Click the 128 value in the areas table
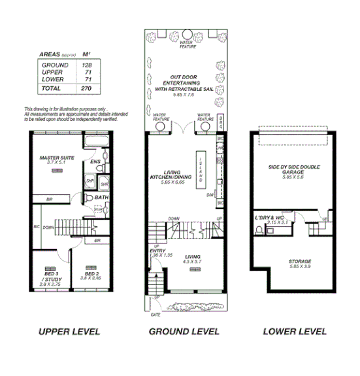point(86,65)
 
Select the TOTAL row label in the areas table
point(52,87)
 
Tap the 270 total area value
point(86,87)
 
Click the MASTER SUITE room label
point(57,158)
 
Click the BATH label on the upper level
point(101,197)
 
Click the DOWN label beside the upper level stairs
point(49,228)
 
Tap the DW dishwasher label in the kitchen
point(210,194)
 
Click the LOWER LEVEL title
point(294,332)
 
